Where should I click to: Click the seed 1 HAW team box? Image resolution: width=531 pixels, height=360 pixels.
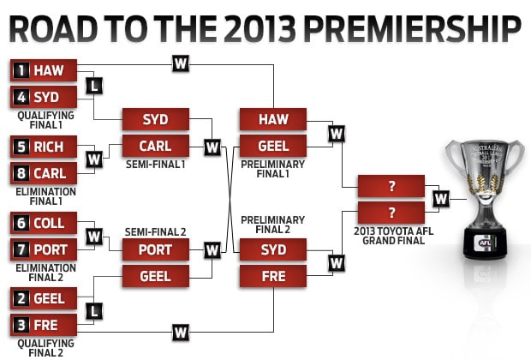click(x=44, y=70)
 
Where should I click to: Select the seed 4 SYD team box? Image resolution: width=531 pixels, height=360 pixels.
click(x=44, y=97)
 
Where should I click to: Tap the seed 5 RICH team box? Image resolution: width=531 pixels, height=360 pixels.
click(x=44, y=147)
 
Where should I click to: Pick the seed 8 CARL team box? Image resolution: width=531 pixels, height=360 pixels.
click(x=44, y=173)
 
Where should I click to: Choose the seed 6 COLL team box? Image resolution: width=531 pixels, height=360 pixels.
click(x=44, y=223)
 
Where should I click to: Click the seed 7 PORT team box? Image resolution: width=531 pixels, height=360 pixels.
click(x=44, y=249)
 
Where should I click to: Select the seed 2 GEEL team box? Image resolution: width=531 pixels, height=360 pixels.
click(x=44, y=298)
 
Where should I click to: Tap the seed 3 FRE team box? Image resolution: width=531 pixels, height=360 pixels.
click(x=44, y=325)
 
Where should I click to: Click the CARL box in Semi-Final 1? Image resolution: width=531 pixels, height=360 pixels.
click(x=156, y=146)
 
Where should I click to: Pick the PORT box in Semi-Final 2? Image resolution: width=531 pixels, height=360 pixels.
click(x=156, y=249)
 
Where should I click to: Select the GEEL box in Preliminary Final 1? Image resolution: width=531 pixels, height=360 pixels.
click(x=273, y=146)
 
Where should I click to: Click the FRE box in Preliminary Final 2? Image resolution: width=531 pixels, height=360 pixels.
click(x=273, y=276)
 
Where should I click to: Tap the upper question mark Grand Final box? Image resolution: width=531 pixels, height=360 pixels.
click(x=391, y=186)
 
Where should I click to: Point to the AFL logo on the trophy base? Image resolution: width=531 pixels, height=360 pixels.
click(x=486, y=243)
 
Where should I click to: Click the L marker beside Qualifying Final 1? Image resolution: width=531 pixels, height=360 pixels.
click(x=94, y=86)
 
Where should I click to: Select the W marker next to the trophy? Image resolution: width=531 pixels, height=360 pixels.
click(x=441, y=199)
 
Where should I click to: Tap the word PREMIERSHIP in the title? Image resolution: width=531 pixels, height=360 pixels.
click(x=412, y=29)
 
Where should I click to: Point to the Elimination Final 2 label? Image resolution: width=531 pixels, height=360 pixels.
click(x=45, y=273)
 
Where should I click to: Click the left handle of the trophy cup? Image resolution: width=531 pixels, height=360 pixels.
click(x=455, y=156)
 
